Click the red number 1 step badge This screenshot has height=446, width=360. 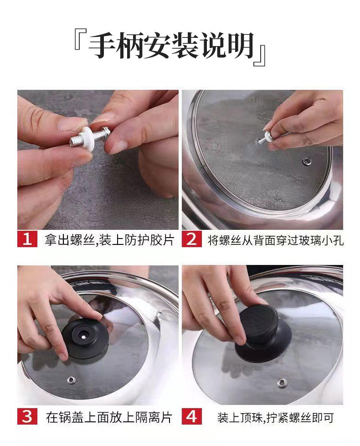(x=27, y=239)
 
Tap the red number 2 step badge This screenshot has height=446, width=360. (x=192, y=239)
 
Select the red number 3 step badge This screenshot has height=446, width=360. (x=27, y=416)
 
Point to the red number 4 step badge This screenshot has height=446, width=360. (x=192, y=416)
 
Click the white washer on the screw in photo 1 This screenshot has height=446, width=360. (x=87, y=138)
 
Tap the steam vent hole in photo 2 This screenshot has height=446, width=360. (x=306, y=161)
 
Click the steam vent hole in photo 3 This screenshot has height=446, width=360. (x=72, y=379)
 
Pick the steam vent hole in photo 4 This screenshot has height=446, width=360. (x=282, y=382)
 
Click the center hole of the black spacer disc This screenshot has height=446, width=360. (x=83, y=337)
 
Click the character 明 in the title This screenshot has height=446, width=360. (x=239, y=45)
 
